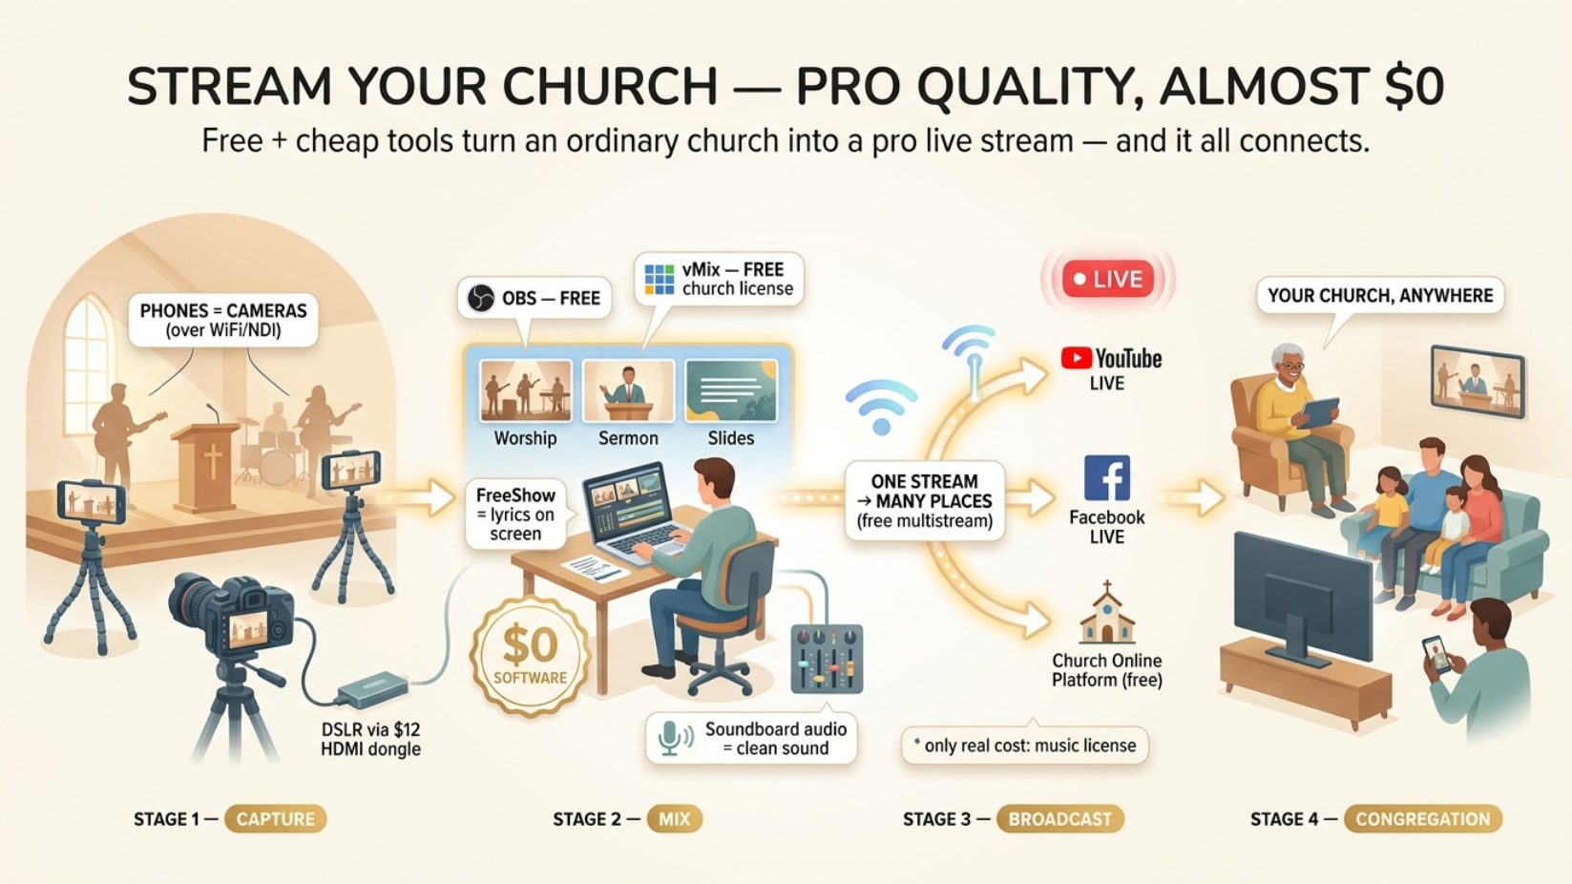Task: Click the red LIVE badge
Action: [1107, 279]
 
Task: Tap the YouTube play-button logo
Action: [1076, 358]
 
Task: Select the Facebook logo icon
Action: [1107, 478]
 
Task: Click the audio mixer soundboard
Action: [827, 659]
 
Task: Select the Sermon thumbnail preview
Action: [628, 390]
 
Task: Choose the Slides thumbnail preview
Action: [730, 390]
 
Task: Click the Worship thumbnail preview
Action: [525, 390]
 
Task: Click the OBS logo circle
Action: [481, 299]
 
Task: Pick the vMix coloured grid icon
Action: [659, 280]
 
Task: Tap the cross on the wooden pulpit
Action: [213, 463]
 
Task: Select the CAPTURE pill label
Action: [275, 819]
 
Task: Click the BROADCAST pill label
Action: [1059, 819]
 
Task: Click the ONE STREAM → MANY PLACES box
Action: [924, 500]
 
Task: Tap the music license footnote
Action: [1024, 745]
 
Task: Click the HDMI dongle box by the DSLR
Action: [372, 688]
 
